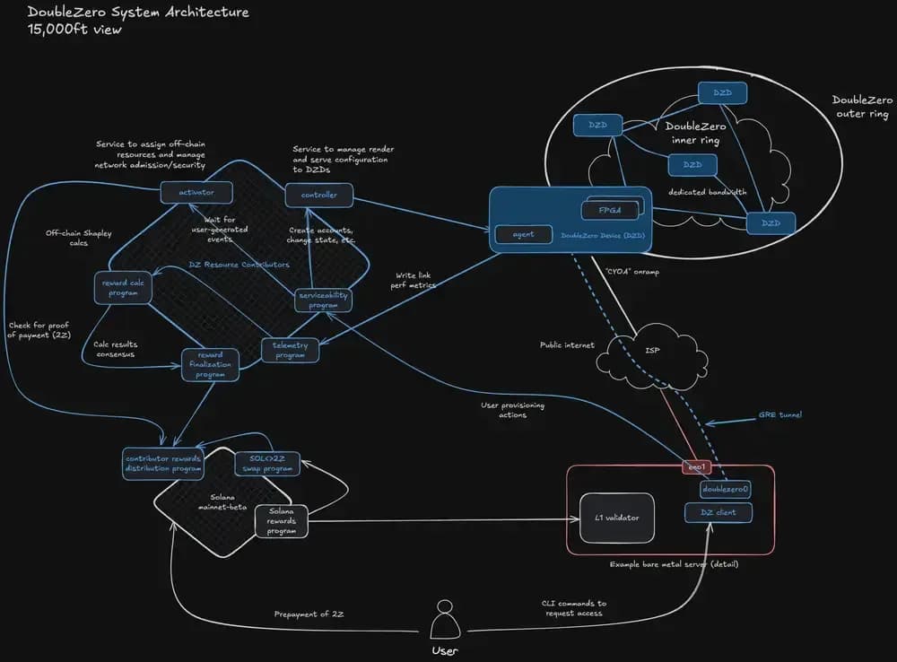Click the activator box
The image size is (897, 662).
[196, 192]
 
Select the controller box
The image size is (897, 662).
[318, 194]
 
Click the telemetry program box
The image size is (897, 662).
[290, 350]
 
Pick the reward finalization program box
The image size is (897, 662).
[211, 364]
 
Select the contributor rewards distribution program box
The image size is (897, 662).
[163, 463]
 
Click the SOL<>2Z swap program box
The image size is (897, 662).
[266, 463]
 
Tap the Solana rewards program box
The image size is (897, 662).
[282, 521]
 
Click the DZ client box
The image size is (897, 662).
[725, 513]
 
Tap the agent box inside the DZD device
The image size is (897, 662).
[523, 234]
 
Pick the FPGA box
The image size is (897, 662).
[615, 209]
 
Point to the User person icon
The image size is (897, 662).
[445, 620]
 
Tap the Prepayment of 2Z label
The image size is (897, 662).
[309, 614]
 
